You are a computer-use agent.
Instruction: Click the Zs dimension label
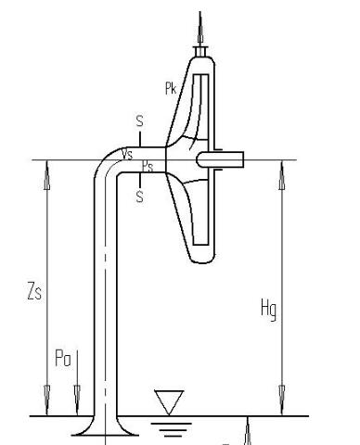click(x=34, y=291)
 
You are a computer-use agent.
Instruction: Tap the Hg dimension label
click(x=268, y=310)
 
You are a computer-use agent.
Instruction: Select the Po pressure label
click(x=63, y=358)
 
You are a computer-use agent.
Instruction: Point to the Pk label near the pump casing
click(x=171, y=88)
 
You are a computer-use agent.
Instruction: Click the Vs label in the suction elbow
click(x=127, y=154)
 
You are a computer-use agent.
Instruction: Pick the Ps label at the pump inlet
click(x=148, y=166)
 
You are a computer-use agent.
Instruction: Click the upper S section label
click(x=140, y=121)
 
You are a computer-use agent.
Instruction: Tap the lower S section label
click(x=140, y=197)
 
